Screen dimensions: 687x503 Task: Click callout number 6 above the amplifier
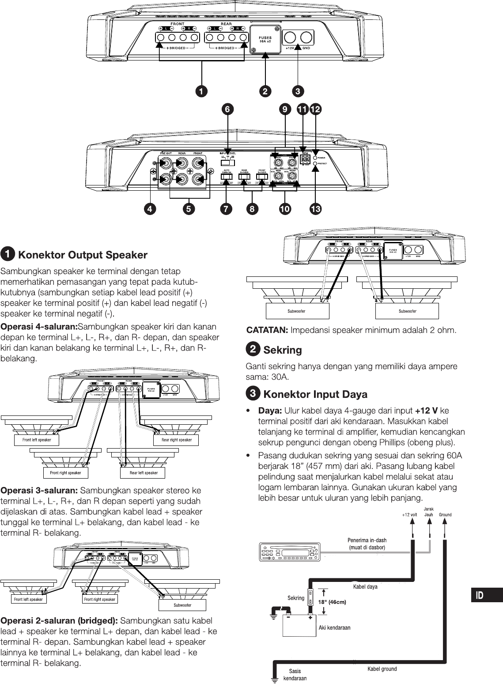pyautogui.click(x=228, y=109)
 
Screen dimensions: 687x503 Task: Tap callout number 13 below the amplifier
pyautogui.click(x=315, y=209)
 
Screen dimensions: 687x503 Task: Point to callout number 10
pyautogui.click(x=285, y=209)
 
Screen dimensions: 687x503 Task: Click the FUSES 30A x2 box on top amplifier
pyautogui.click(x=265, y=40)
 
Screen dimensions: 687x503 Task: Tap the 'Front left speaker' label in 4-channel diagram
pyautogui.click(x=37, y=440)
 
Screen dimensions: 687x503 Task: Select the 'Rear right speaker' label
pyautogui.click(x=177, y=440)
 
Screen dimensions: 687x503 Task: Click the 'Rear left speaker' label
pyautogui.click(x=144, y=473)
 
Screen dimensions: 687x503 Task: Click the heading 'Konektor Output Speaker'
pyautogui.click(x=83, y=255)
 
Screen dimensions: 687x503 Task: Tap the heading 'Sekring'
pyautogui.click(x=283, y=350)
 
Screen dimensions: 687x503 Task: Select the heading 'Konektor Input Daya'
pyautogui.click(x=315, y=394)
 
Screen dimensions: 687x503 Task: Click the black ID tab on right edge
pyautogui.click(x=485, y=595)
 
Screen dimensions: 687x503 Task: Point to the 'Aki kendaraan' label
pyautogui.click(x=334, y=627)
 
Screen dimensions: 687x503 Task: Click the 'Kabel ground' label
pyautogui.click(x=382, y=669)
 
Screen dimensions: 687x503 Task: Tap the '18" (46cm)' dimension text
pyautogui.click(x=332, y=602)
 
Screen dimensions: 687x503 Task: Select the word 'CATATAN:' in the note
pyautogui.click(x=267, y=330)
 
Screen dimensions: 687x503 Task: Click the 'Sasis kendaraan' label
pyautogui.click(x=295, y=675)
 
